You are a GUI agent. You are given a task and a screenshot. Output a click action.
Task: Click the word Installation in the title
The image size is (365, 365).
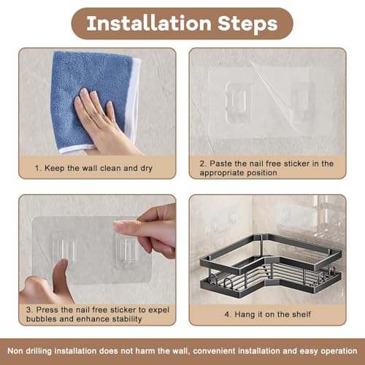point(149,23)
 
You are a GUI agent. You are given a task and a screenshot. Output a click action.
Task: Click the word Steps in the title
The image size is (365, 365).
point(247,24)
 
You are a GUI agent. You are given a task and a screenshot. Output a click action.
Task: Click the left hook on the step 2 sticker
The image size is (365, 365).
point(239,102)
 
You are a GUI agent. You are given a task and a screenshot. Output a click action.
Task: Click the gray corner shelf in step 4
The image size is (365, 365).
point(268,265)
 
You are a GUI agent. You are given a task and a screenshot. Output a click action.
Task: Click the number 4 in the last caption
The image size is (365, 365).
point(227,315)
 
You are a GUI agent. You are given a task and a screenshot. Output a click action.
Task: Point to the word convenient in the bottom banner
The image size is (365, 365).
point(215,351)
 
